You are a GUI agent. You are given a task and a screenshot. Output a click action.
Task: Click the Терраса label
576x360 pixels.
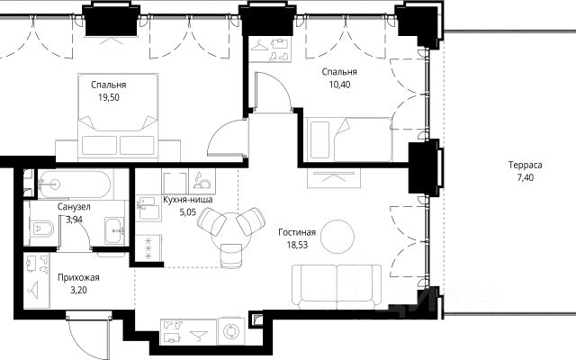(x=526, y=166)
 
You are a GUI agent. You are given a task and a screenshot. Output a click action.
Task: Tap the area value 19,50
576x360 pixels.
(x=109, y=98)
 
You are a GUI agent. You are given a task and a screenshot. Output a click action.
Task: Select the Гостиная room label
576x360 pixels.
(x=297, y=232)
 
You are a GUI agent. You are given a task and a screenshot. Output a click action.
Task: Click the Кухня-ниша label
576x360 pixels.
(x=188, y=200)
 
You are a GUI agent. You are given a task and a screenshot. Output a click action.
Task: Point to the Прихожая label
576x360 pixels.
(x=78, y=278)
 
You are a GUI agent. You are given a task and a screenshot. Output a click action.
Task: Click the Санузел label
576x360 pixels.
(x=74, y=207)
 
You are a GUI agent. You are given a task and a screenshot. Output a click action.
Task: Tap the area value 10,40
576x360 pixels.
(x=340, y=85)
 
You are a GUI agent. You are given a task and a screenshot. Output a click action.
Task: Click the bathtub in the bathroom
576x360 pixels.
(x=74, y=184)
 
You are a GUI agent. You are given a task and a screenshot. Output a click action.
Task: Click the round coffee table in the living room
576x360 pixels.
(x=337, y=237)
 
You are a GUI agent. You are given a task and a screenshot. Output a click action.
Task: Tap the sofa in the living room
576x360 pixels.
(x=337, y=287)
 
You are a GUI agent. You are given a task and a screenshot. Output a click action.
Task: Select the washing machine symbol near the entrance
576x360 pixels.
(x=231, y=332)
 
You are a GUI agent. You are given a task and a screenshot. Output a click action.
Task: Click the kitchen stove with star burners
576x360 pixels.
(x=148, y=248)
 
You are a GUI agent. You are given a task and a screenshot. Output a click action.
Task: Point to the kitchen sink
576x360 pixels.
(x=148, y=209)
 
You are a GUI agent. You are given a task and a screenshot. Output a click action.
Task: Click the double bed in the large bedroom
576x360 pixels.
(x=118, y=117)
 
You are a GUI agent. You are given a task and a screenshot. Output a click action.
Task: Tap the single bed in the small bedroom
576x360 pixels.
(x=348, y=139)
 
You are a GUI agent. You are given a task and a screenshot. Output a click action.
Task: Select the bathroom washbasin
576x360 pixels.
(x=114, y=231)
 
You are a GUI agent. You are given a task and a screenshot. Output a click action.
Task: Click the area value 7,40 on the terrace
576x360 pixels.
(x=526, y=178)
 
